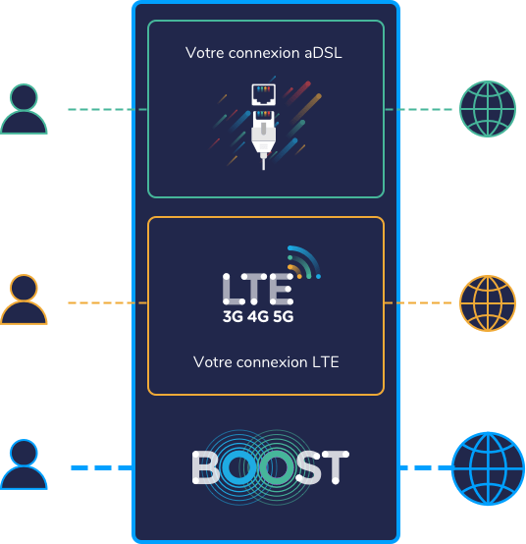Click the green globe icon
point(488,109)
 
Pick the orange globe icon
point(488,303)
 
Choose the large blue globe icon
point(488,468)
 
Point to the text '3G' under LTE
point(233,316)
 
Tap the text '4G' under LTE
point(258,316)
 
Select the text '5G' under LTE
point(284,316)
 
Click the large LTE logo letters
point(258,289)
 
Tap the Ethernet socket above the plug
point(264,94)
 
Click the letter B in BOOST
point(206,467)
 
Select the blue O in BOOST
point(239,467)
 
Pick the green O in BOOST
point(277,467)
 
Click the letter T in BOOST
point(336,467)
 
